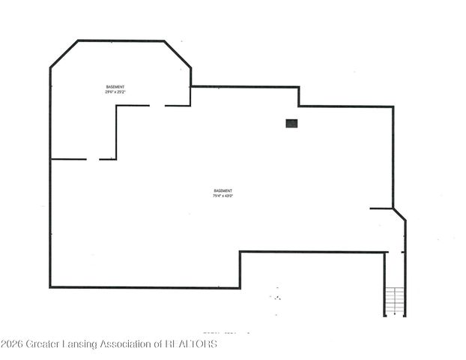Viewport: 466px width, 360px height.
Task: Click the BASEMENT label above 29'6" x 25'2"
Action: click(x=115, y=88)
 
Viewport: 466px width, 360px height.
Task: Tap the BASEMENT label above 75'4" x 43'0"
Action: click(x=223, y=190)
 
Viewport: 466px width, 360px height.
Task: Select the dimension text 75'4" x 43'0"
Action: click(x=223, y=196)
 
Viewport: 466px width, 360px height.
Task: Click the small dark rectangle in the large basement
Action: click(x=291, y=123)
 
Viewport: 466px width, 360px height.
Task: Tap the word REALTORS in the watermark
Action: click(x=191, y=344)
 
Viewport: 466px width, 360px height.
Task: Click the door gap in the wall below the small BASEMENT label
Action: click(x=157, y=106)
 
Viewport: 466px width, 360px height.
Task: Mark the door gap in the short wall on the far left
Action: click(x=93, y=159)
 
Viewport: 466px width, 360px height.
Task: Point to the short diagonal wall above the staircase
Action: click(x=399, y=214)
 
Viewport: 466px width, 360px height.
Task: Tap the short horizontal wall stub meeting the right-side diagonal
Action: click(x=381, y=208)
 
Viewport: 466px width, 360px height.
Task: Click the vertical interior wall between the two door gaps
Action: click(x=116, y=132)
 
